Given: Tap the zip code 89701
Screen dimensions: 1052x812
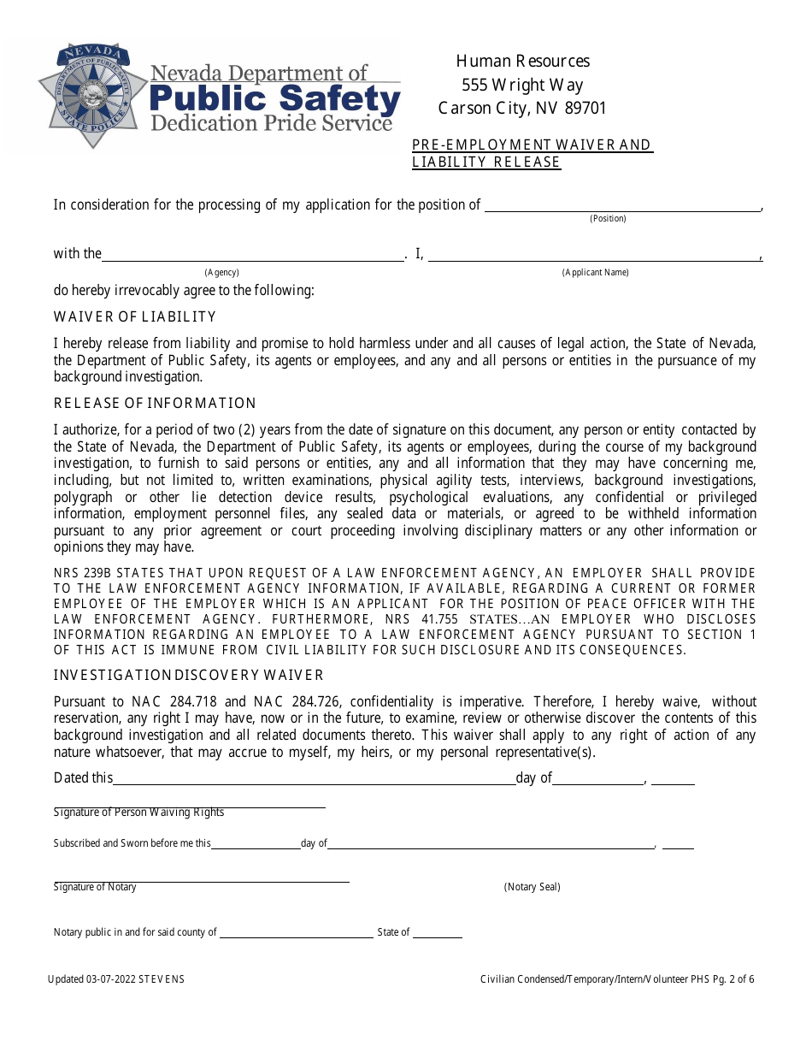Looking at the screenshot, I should pyautogui.click(x=583, y=109).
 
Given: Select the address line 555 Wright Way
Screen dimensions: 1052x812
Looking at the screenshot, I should pyautogui.click(x=522, y=85).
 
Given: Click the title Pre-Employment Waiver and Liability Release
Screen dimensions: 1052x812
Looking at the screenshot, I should pyautogui.click(x=532, y=153).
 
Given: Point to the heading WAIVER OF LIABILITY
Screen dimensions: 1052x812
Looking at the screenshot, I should pyautogui.click(x=135, y=317).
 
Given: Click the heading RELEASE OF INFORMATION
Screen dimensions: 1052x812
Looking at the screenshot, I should pyautogui.click(x=155, y=404).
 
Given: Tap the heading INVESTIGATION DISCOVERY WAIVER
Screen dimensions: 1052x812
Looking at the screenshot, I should pyautogui.click(x=189, y=676).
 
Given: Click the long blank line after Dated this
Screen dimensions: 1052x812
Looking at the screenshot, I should pyautogui.click(x=313, y=783).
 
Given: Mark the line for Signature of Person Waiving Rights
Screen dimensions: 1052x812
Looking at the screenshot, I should pyautogui.click(x=189, y=807).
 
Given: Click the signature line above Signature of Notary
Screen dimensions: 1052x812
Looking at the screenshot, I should pyautogui.click(x=201, y=881).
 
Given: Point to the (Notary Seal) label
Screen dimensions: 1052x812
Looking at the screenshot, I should pyautogui.click(x=532, y=887).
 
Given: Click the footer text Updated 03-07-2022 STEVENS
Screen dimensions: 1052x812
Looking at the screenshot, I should pyautogui.click(x=116, y=979).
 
